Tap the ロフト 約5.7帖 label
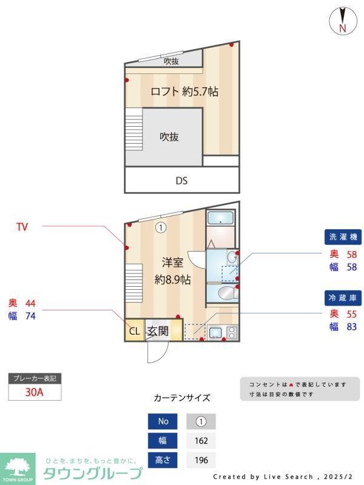(x=184, y=92)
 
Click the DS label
(x=181, y=180)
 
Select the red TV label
(x=22, y=227)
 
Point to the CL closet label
(x=135, y=331)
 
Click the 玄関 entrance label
(x=158, y=331)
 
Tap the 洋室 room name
(x=172, y=263)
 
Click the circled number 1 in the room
(x=160, y=228)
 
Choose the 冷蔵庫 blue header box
(x=343, y=298)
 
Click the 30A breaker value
(x=35, y=392)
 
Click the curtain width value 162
(x=200, y=441)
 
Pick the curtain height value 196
(x=200, y=460)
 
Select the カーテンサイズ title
(x=182, y=398)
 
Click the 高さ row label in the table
(x=163, y=460)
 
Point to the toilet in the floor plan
(x=225, y=294)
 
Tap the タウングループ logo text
(x=93, y=473)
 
